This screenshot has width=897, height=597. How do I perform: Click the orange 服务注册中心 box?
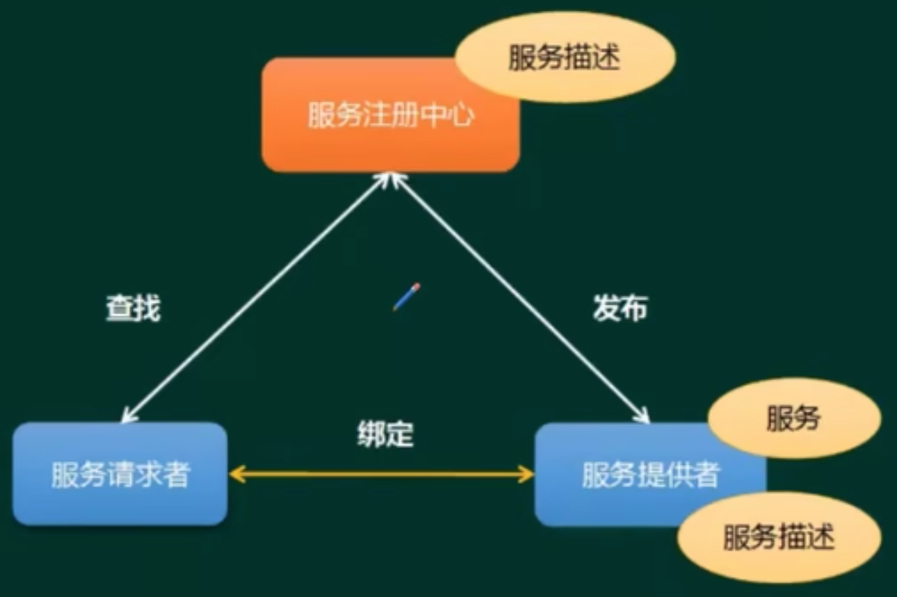pos(355,142)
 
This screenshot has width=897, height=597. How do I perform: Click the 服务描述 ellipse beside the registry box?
pos(565,57)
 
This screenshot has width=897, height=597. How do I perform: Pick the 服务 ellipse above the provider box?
pos(794,419)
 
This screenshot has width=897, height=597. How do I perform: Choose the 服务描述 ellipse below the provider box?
pos(778,537)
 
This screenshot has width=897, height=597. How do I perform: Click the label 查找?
pos(133,308)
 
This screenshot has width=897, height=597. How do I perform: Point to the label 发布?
pos(620,308)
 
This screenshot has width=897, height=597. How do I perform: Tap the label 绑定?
pos(385,434)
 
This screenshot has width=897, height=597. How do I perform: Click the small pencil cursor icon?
pos(407,296)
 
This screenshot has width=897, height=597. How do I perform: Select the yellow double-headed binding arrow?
pos(382,474)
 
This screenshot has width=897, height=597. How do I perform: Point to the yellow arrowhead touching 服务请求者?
pos(237,474)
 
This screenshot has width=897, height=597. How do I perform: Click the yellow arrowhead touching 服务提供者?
pos(526,474)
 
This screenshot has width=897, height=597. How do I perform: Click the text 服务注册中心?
pos(390,115)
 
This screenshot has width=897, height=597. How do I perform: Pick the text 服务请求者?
pos(119,475)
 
